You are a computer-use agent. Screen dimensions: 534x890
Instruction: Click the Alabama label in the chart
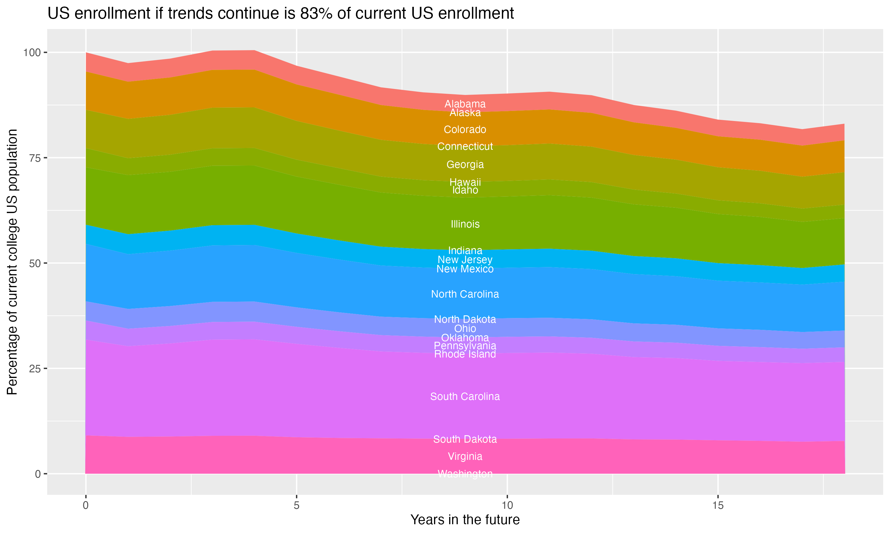click(465, 104)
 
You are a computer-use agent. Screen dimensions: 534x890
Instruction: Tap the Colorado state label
click(465, 130)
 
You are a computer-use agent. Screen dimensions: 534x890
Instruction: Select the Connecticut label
click(465, 147)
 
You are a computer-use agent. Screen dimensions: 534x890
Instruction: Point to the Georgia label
click(465, 164)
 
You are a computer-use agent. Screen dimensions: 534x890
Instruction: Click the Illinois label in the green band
click(465, 224)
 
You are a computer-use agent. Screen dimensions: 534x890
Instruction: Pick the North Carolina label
click(465, 294)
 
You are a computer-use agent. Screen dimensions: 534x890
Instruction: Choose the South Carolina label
click(465, 397)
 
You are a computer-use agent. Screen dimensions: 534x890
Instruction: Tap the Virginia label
click(465, 456)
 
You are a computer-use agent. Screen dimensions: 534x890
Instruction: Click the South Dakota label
click(465, 439)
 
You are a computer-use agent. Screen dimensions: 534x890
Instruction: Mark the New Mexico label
click(465, 269)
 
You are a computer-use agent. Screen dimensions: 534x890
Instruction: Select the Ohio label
click(465, 328)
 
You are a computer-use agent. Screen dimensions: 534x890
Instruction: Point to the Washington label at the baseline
click(465, 474)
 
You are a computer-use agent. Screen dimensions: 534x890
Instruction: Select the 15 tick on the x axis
click(718, 506)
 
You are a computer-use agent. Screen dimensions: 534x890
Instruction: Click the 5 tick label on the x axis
click(296, 506)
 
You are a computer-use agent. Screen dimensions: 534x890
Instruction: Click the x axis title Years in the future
click(465, 519)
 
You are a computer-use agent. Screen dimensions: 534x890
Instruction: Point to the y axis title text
click(12, 262)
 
